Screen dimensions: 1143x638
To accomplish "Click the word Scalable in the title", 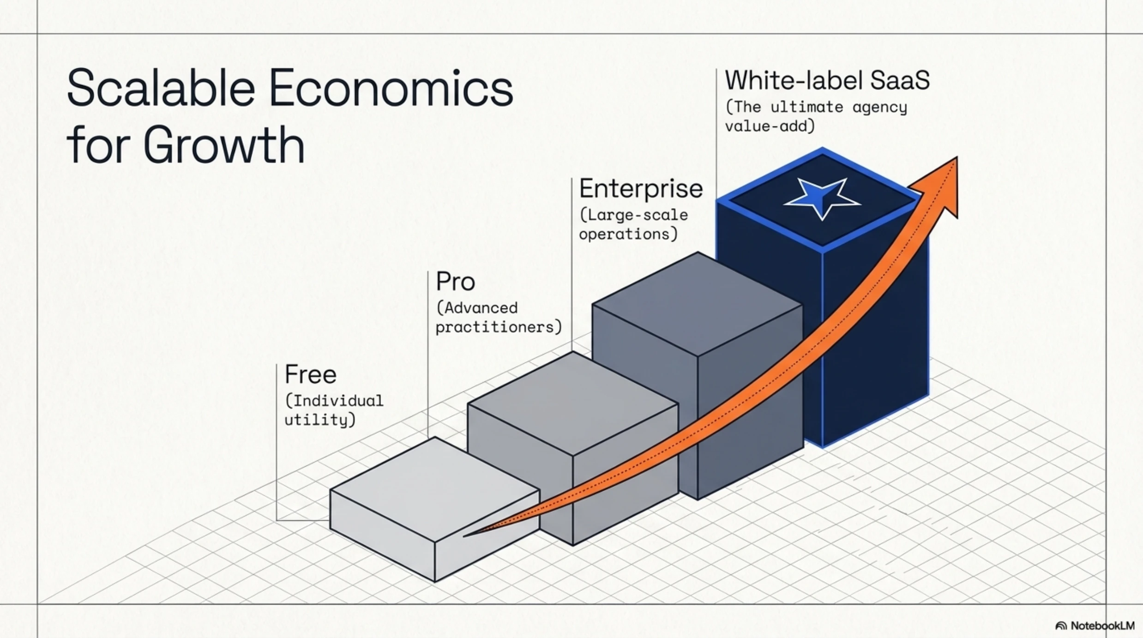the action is [161, 87].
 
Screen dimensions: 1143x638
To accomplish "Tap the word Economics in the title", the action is [391, 88].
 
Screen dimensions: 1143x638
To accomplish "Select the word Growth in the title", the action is [224, 145].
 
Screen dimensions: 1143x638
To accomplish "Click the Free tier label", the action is [310, 374].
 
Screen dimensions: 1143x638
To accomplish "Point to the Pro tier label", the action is [455, 281].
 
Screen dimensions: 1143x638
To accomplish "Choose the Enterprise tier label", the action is [641, 189].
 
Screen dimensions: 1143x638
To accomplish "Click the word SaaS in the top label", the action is [900, 80].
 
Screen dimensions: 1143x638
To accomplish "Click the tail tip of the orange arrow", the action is [463, 536].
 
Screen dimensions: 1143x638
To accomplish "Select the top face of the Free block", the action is [434, 489].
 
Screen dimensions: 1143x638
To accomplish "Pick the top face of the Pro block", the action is [572, 403].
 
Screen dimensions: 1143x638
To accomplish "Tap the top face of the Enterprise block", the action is [697, 304].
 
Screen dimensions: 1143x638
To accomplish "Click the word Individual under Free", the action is [338, 401].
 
